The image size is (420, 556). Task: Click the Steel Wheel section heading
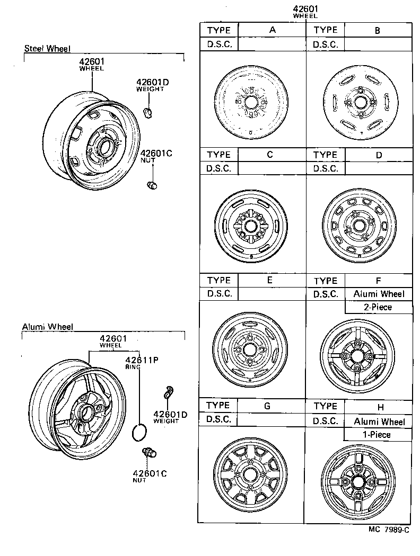47,49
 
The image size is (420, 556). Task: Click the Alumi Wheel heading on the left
47,327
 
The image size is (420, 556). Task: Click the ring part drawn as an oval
139,433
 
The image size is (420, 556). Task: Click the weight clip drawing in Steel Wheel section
149,112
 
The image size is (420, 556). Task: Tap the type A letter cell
272,30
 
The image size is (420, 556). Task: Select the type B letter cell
378,30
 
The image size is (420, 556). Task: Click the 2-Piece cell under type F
378,307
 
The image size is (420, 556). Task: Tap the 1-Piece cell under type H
378,435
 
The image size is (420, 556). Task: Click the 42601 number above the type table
305,9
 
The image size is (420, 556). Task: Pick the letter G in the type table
267,406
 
